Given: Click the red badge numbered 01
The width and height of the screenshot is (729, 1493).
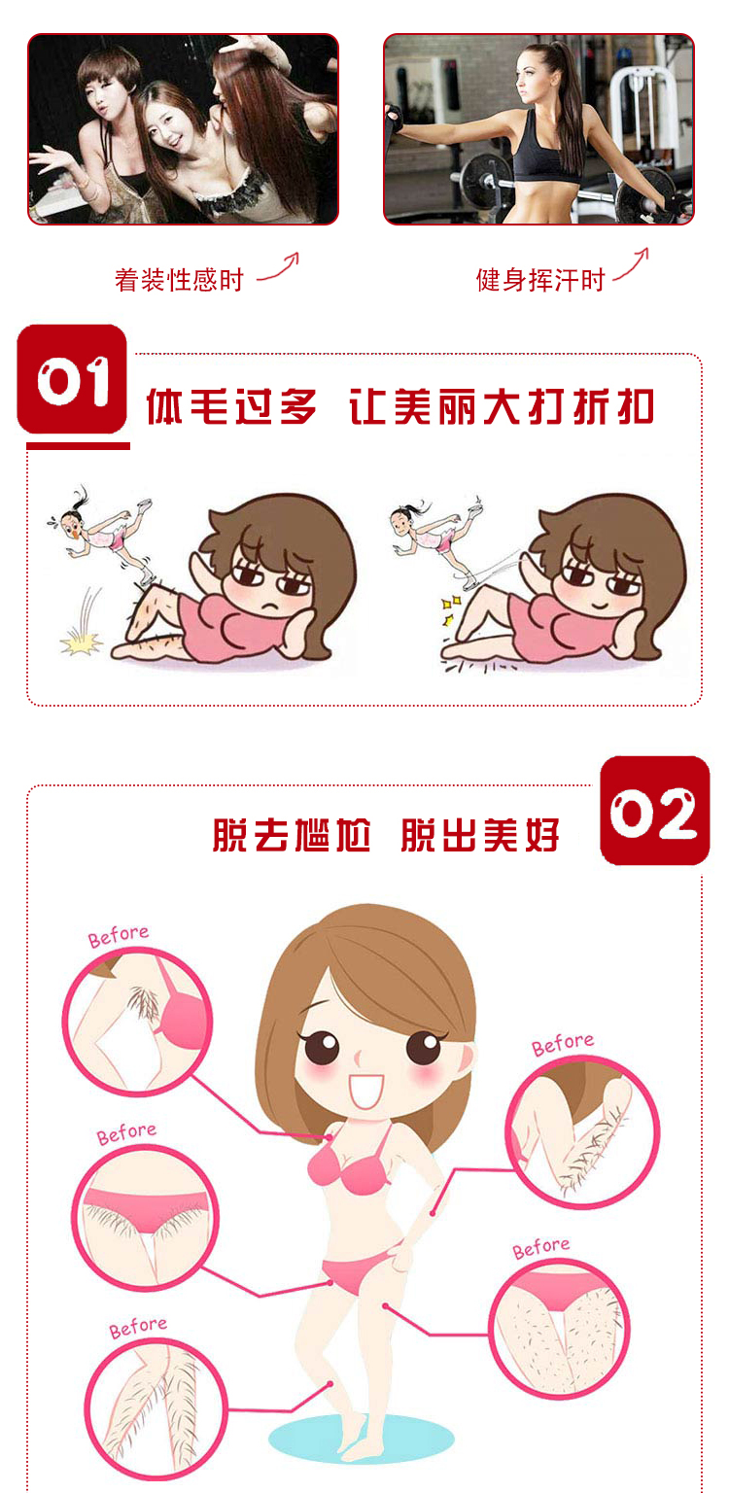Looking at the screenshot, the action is (x=72, y=378).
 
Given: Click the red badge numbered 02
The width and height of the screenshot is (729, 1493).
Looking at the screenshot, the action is (x=654, y=810).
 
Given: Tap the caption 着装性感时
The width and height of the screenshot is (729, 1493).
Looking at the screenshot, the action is (x=179, y=280).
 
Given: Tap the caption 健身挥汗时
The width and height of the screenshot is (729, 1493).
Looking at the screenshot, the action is (x=539, y=280).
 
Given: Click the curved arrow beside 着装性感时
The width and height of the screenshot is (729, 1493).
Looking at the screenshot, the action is (x=280, y=266).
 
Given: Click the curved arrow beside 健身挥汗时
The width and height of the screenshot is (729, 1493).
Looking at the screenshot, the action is (x=632, y=264).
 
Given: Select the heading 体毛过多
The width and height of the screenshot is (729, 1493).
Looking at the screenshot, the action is (x=231, y=406).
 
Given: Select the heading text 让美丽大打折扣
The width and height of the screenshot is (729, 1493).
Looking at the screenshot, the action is (x=502, y=406).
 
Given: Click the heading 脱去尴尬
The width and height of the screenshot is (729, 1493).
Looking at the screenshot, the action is (x=292, y=835).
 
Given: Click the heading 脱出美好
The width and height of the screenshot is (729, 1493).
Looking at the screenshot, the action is (x=480, y=835).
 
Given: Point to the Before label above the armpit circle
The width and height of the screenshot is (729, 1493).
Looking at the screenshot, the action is (x=119, y=936).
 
